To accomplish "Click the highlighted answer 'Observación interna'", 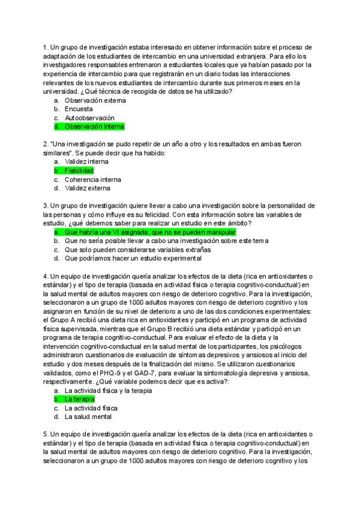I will pos(94,127).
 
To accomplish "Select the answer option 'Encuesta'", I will pos(79,109).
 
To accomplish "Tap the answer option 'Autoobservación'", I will pos(89,118).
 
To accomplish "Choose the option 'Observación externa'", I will pos(91,101).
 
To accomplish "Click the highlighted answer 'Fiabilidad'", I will pos(79,170).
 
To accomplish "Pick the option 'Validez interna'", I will pos(86,161).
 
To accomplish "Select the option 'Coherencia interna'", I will pos(92,179).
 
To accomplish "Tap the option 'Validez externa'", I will pos(88,188).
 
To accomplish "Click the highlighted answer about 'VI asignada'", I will pos(150,232).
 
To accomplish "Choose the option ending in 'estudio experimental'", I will pos(133,258).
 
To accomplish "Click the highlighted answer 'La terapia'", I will pos(79,399).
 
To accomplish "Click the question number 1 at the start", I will pos(45,47).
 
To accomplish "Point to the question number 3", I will pos(45,205).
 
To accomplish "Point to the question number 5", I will pos(45,433).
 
